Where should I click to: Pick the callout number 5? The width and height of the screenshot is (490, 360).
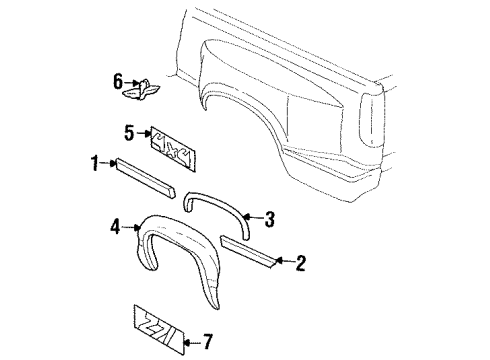click(128, 130)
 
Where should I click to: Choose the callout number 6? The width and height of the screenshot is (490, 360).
click(118, 79)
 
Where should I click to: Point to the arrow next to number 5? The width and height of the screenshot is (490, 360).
click(143, 131)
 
